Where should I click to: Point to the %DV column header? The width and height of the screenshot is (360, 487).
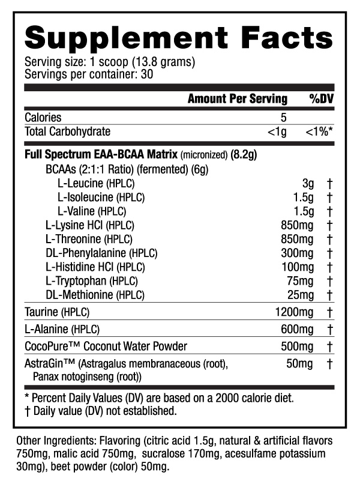click(x=322, y=99)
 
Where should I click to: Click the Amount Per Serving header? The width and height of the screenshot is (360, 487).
click(x=238, y=99)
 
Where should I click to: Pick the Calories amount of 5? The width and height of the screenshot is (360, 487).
click(x=283, y=118)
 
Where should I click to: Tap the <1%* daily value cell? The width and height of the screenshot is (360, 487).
click(x=319, y=132)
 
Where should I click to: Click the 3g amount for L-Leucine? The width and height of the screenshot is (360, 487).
click(x=308, y=184)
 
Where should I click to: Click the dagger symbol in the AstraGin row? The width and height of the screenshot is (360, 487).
click(x=329, y=364)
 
